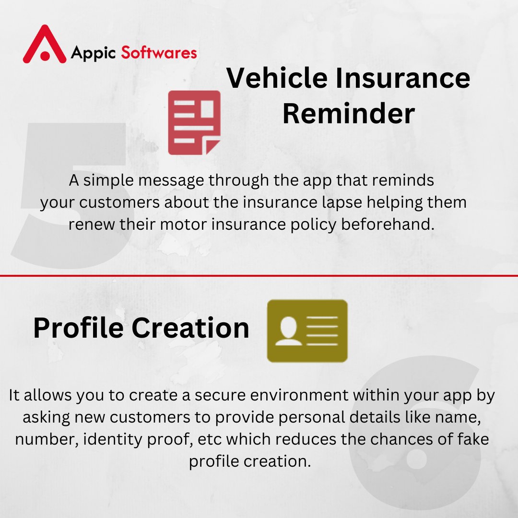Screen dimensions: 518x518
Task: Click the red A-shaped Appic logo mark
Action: click(x=44, y=45)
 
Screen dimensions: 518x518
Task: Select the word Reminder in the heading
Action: click(x=348, y=114)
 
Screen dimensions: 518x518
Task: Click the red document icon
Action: click(x=194, y=123)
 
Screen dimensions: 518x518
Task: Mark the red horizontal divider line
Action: click(x=259, y=276)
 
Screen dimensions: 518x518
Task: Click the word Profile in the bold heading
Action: click(x=77, y=328)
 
